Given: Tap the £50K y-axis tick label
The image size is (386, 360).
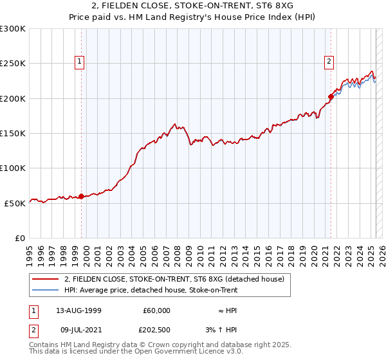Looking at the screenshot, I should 15,203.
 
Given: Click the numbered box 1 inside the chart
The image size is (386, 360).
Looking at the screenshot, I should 80,62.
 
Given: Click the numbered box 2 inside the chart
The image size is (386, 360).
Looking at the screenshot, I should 329,62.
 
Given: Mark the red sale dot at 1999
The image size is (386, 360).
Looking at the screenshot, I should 82,196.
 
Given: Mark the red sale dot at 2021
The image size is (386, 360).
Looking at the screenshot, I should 330,97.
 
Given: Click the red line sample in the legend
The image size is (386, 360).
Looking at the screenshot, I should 45,279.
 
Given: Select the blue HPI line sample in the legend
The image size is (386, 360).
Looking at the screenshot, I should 45,290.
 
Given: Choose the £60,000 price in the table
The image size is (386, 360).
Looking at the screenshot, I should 156,310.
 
